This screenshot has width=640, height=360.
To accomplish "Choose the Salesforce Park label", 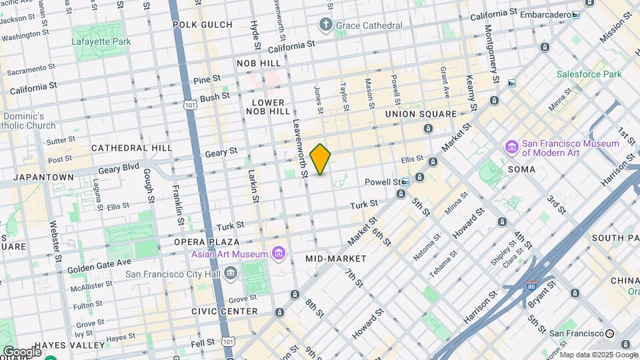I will (x=589, y=74).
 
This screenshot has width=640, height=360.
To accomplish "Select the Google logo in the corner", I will (x=22, y=351).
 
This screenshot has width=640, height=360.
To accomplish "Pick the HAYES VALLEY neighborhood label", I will (x=69, y=345).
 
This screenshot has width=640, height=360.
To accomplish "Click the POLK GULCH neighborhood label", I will (x=202, y=25).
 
